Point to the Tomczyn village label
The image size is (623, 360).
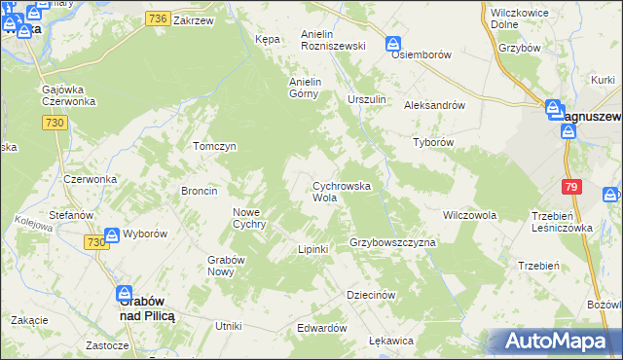click(x=215, y=146)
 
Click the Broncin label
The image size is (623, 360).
click(x=199, y=191)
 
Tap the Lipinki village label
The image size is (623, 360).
click(x=312, y=250)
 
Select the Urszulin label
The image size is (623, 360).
click(x=367, y=99)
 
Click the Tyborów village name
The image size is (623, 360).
click(x=434, y=141)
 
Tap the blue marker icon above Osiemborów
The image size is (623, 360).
click(x=393, y=44)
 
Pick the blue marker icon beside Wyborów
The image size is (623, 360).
click(x=112, y=234)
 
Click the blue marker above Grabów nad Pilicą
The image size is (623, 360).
click(x=126, y=292)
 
